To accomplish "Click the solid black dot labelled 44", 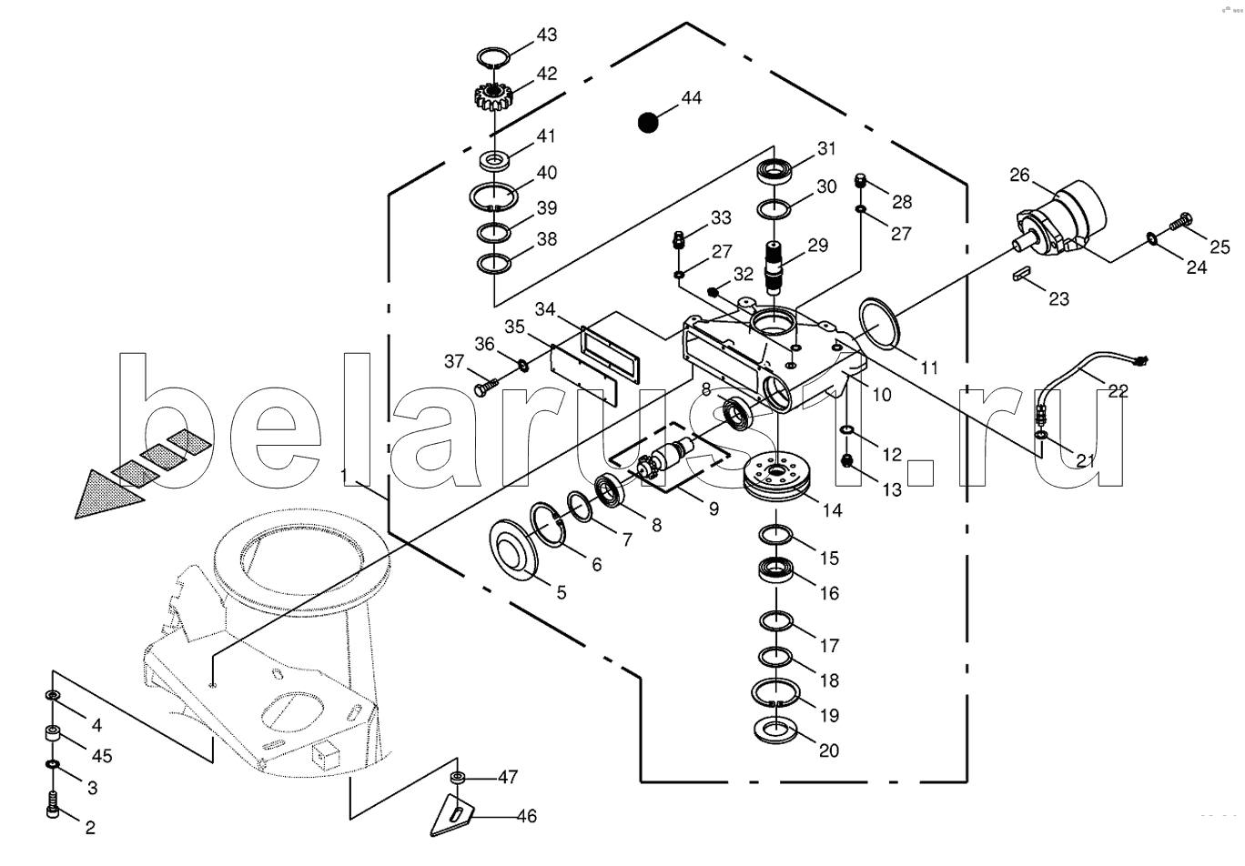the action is (x=648, y=122).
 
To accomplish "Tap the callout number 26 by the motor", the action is (x=1019, y=175).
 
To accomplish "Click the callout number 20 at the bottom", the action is (x=829, y=750).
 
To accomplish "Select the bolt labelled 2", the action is (x=53, y=804).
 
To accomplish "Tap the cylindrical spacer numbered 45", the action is (x=53, y=734).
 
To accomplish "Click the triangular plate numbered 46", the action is (x=452, y=814).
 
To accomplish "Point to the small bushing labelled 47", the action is (x=458, y=778).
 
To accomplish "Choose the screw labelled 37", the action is (x=486, y=387).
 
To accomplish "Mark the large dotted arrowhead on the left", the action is (x=110, y=494).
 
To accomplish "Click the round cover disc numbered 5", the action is (x=513, y=549).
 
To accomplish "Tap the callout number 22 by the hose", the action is (x=1118, y=391).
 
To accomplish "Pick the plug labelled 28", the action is (x=860, y=181).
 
